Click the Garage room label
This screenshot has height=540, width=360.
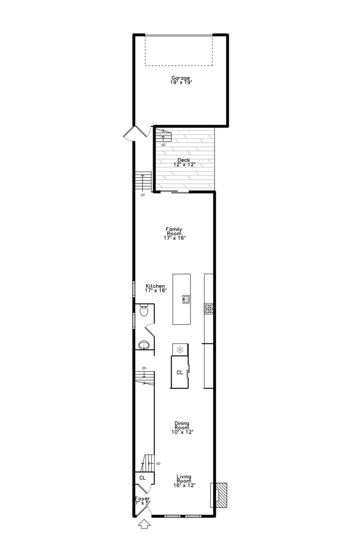pyautogui.click(x=180, y=80)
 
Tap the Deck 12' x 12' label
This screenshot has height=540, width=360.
pyautogui.click(x=184, y=162)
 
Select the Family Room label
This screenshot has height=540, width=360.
pyautogui.click(x=174, y=233)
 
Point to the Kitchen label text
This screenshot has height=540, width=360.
pyautogui.click(x=155, y=288)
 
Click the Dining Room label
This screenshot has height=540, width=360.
pyautogui.click(x=182, y=427)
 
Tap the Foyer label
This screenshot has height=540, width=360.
pyautogui.click(x=142, y=500)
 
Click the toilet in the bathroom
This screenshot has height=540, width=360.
pyautogui.click(x=143, y=311)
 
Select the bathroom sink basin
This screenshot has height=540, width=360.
pyautogui.click(x=144, y=344)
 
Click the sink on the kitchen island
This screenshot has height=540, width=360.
pyautogui.click(x=186, y=299)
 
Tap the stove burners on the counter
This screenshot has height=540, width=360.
pyautogui.click(x=209, y=308)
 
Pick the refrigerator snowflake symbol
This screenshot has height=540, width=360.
pyautogui.click(x=179, y=350)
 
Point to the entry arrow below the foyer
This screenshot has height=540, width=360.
pyautogui.click(x=144, y=524)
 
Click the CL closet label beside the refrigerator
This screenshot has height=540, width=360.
pyautogui.click(x=179, y=372)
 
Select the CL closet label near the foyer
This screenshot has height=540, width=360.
pyautogui.click(x=142, y=477)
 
